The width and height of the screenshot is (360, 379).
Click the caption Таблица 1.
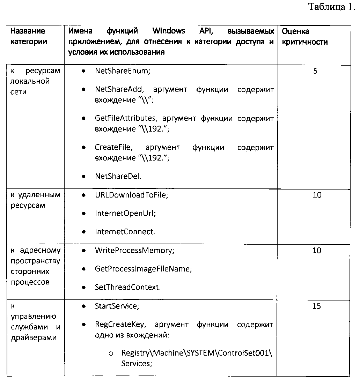(332, 7)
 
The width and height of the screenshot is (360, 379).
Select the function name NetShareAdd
(118, 89)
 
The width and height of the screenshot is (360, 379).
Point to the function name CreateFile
(112, 147)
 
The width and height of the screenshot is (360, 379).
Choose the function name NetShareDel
(118, 176)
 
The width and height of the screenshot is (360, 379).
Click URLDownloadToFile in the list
(131, 195)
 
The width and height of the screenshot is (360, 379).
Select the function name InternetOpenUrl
(125, 213)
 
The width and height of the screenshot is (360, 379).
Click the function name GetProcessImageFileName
(143, 269)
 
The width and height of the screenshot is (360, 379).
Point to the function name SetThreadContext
(127, 288)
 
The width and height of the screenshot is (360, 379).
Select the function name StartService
(117, 306)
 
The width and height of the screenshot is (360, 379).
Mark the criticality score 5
(315, 71)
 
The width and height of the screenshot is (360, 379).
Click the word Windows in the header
(169, 31)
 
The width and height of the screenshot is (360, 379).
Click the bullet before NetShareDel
(84, 176)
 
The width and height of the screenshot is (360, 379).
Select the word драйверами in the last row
(28, 338)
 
